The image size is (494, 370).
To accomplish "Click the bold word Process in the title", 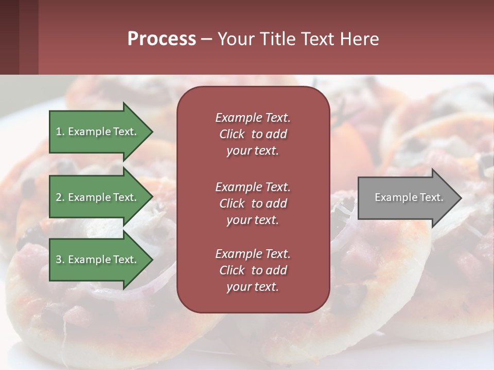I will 162,39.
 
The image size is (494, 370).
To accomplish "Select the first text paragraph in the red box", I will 253,134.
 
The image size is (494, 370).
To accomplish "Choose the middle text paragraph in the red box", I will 253,203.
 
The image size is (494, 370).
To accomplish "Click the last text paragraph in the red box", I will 253,270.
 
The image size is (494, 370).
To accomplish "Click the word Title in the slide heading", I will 278,39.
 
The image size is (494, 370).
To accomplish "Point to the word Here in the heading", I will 360,39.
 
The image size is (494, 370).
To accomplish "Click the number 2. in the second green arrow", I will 60,197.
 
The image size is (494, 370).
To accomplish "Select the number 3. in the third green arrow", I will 60,260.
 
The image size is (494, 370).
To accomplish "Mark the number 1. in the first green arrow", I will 60,132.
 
